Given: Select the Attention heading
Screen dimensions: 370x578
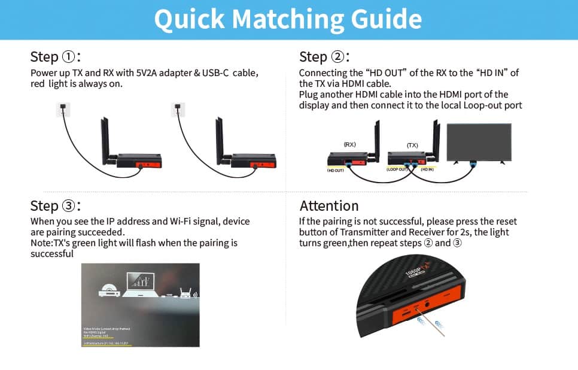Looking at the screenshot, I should (x=329, y=205).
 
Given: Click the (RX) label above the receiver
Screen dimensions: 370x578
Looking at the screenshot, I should (x=350, y=145).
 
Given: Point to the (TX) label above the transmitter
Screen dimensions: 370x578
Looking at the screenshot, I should (x=412, y=145).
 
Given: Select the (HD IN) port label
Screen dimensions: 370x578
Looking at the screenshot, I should (x=428, y=170).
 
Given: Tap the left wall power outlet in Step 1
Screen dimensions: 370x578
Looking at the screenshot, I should (x=63, y=110).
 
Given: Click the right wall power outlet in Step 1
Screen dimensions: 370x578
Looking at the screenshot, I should (x=178, y=110).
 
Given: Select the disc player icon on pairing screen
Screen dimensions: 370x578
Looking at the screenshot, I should (x=109, y=292).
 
